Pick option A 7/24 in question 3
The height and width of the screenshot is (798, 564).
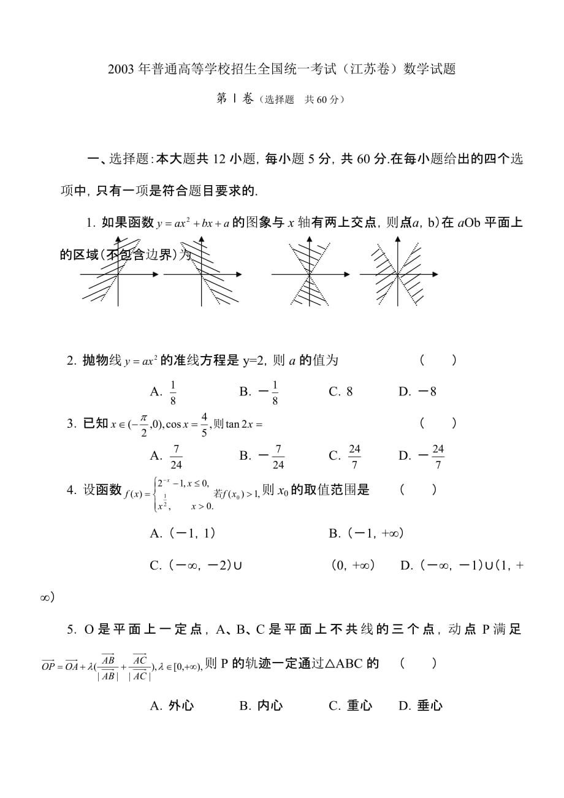[176, 455]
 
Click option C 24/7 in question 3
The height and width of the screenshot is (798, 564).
[354, 455]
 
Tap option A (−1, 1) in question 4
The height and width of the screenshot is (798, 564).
[191, 533]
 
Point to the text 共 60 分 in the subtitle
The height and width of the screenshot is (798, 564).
[321, 99]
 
